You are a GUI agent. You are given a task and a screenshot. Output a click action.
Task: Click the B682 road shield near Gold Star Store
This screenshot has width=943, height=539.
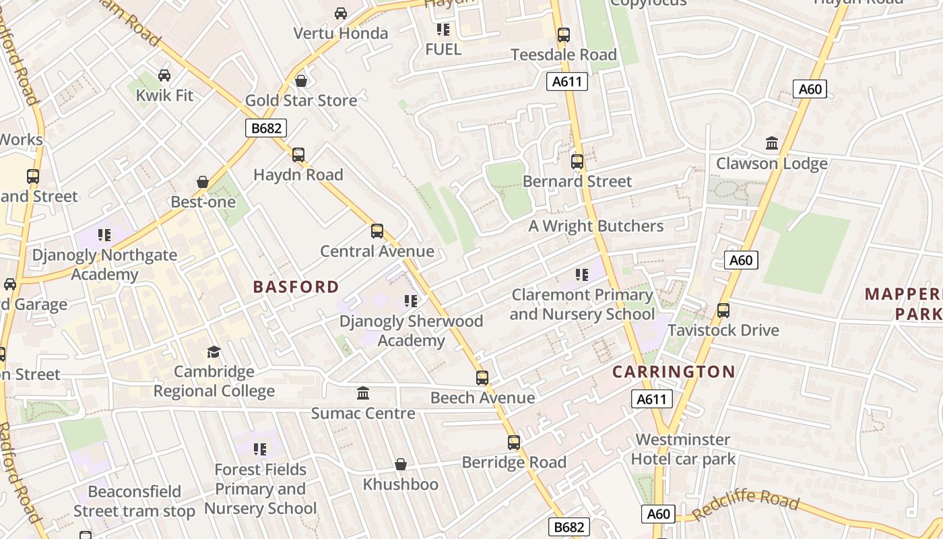tap(266, 128)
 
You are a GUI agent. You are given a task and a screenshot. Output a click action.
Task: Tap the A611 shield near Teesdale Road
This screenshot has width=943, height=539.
tap(566, 82)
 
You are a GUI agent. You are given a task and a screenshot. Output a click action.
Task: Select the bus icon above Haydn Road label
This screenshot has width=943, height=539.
tap(298, 155)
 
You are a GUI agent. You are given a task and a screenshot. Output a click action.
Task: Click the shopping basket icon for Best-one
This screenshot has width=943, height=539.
tap(203, 182)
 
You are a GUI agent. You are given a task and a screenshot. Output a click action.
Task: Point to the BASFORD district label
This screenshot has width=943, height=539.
tap(296, 287)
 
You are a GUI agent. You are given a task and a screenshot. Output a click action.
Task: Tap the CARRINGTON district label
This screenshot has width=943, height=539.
tap(674, 372)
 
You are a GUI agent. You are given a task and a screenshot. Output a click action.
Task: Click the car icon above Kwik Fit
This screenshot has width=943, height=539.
tap(164, 75)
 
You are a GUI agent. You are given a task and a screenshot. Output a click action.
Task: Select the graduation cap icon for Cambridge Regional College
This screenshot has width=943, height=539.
tap(214, 352)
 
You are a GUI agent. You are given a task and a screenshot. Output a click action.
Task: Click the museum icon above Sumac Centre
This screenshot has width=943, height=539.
tap(363, 393)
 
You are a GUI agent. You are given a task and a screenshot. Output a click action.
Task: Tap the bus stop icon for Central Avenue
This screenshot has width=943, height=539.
tap(377, 231)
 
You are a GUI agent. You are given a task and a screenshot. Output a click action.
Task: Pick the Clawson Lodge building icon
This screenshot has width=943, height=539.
tap(772, 144)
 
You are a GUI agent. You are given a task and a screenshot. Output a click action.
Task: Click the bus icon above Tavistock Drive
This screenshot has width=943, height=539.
tap(723, 311)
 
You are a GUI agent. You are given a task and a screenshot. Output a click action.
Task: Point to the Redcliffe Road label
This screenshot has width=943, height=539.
tap(745, 505)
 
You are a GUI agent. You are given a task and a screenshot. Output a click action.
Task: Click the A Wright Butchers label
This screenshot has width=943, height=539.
tap(595, 226)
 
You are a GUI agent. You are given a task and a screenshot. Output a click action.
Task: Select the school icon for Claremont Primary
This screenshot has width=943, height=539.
tap(581, 275)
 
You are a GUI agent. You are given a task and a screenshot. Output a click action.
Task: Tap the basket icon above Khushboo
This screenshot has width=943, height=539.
tap(401, 464)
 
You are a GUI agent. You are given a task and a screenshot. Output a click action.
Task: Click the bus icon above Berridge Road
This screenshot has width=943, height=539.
tap(514, 443)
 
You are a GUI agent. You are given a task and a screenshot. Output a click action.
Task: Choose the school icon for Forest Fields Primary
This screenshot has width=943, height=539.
tap(260, 449)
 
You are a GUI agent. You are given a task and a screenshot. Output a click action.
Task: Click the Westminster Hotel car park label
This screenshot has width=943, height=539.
tap(682, 449)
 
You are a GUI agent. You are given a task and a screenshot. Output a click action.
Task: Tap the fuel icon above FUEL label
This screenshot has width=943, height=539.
tap(443, 29)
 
